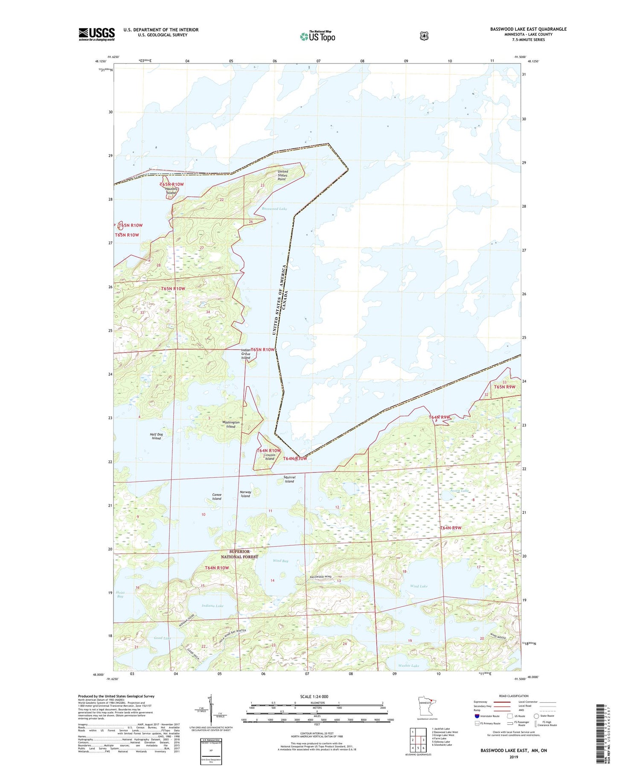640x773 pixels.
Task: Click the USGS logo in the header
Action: click(96, 34)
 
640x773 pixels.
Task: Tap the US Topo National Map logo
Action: click(317, 36)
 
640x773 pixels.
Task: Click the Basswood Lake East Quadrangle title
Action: click(528, 29)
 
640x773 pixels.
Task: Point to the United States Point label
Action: click(282, 175)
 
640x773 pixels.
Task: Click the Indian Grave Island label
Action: click(246, 354)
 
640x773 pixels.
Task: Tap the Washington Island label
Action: click(231, 424)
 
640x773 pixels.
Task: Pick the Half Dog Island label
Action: click(156, 436)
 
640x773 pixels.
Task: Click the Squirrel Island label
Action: click(289, 479)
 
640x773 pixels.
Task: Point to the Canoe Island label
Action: click(217, 497)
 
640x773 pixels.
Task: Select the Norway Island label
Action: click(245, 494)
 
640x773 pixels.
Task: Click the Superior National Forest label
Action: click(239, 554)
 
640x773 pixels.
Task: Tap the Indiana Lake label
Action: click(212, 605)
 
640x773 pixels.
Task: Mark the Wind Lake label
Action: click(419, 586)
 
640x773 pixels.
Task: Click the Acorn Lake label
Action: click(459, 491)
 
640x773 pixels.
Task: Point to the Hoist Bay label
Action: click(120, 594)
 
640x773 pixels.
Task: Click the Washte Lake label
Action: click(408, 665)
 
